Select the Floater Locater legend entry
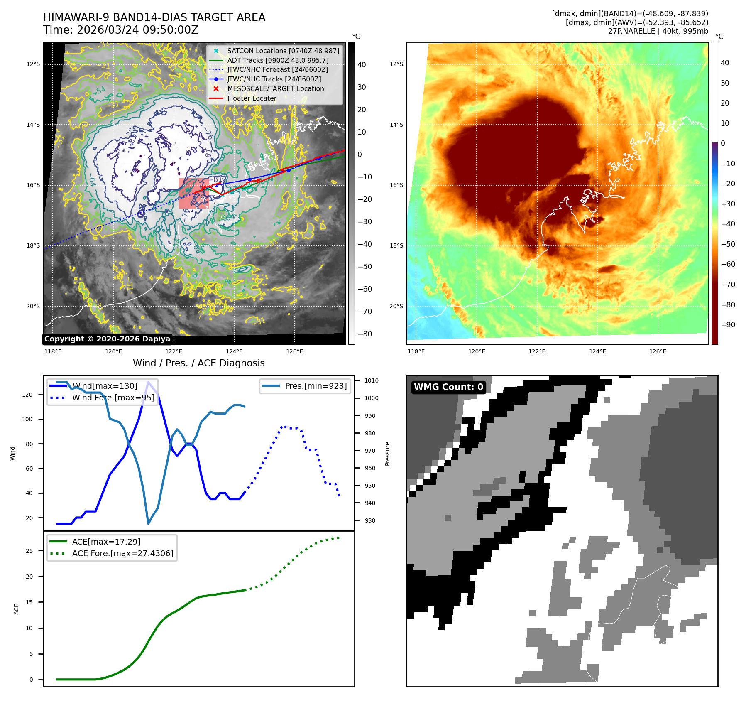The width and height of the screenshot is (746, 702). [x=252, y=98]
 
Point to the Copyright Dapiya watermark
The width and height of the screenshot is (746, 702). [x=107, y=339]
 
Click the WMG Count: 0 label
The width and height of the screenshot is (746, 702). [x=448, y=387]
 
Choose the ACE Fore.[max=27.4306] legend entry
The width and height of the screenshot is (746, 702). [x=122, y=553]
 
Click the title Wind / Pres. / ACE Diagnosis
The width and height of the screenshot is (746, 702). [x=198, y=363]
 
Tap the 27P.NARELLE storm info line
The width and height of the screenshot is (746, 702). [x=658, y=31]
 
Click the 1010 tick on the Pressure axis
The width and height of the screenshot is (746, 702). [x=372, y=380]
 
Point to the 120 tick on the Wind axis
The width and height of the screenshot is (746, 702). [x=27, y=395]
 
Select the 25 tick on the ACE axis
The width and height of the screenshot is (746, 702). [x=29, y=551]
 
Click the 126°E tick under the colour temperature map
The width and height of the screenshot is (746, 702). [x=658, y=351]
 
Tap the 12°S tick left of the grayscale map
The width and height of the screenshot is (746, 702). [x=33, y=64]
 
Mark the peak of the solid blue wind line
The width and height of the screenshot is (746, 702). [x=148, y=382]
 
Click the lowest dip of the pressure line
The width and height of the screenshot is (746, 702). [x=148, y=523]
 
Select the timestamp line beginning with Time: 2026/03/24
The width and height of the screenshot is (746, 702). [x=121, y=30]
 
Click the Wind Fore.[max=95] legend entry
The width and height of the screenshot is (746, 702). [x=113, y=398]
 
